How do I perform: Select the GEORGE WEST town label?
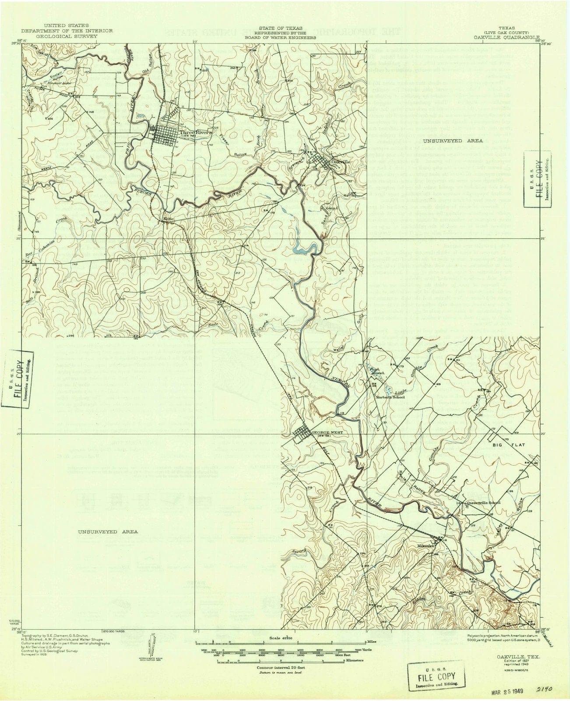pos(326,432)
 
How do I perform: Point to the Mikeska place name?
pos(426,546)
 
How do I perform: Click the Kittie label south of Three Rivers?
pos(169,218)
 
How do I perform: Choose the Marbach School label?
pos(391,397)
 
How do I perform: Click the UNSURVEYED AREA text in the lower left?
pos(108,531)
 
